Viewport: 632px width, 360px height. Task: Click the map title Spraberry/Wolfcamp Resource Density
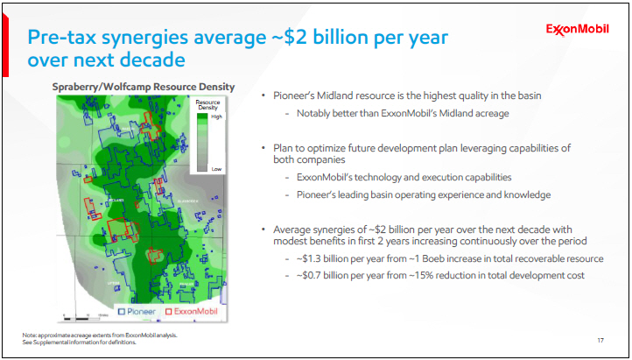tap(143, 86)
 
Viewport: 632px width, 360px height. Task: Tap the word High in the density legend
tap(217, 116)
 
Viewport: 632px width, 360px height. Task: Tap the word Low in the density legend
tap(216, 167)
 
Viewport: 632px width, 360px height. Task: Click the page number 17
tap(600, 339)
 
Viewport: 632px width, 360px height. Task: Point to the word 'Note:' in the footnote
tap(31, 335)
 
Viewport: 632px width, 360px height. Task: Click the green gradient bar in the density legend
tap(202, 141)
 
